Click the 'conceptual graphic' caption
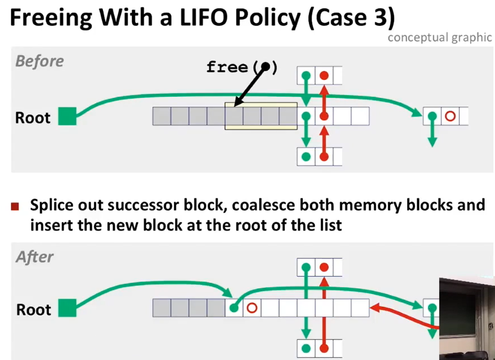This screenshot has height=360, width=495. click(x=439, y=38)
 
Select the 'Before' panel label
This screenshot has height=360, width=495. click(x=39, y=61)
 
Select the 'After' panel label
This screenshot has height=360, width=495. click(x=35, y=257)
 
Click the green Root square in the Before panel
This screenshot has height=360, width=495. click(x=67, y=116)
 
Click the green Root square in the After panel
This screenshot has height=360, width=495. click(x=67, y=308)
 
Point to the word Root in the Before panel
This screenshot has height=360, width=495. click(x=33, y=118)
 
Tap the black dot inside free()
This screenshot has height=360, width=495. click(x=266, y=67)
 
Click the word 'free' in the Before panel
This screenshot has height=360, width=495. click(x=227, y=67)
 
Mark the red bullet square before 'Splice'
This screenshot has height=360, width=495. click(x=15, y=206)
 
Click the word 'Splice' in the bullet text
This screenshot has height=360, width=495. click(x=52, y=205)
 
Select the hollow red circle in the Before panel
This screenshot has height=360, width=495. click(x=450, y=116)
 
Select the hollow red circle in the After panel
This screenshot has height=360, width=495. click(x=252, y=308)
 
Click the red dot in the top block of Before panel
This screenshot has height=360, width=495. click(x=324, y=76)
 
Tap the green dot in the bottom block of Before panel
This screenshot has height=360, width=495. click(x=306, y=157)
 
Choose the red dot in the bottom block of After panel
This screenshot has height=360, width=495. click(x=324, y=348)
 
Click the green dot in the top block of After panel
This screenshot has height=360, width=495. click(x=306, y=267)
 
